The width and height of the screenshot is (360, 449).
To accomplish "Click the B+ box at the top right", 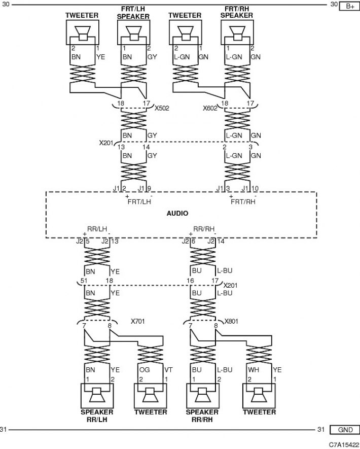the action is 349,6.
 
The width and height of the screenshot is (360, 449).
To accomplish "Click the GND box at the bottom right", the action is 345,430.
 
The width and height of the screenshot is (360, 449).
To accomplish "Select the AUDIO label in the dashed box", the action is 177,213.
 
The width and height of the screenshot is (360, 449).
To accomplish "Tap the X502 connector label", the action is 162,108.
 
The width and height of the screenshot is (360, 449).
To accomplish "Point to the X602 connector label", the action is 210,108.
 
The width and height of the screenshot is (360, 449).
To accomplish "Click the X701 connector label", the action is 137,321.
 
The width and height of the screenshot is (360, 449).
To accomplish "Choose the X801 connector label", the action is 231,321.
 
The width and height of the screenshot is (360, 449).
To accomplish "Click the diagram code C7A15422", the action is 344,445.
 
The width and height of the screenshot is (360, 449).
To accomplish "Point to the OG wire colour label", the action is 145,370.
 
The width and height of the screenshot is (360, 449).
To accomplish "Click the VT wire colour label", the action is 168,370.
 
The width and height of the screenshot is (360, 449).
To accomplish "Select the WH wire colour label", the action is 253,370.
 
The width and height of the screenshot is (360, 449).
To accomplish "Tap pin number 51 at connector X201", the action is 84,281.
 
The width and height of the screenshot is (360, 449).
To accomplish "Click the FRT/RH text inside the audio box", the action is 243,201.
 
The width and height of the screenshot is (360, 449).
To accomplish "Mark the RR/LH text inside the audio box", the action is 97,229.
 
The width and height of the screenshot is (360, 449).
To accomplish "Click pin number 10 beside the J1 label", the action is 255,188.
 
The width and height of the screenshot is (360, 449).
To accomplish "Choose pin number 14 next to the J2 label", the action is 221,241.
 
